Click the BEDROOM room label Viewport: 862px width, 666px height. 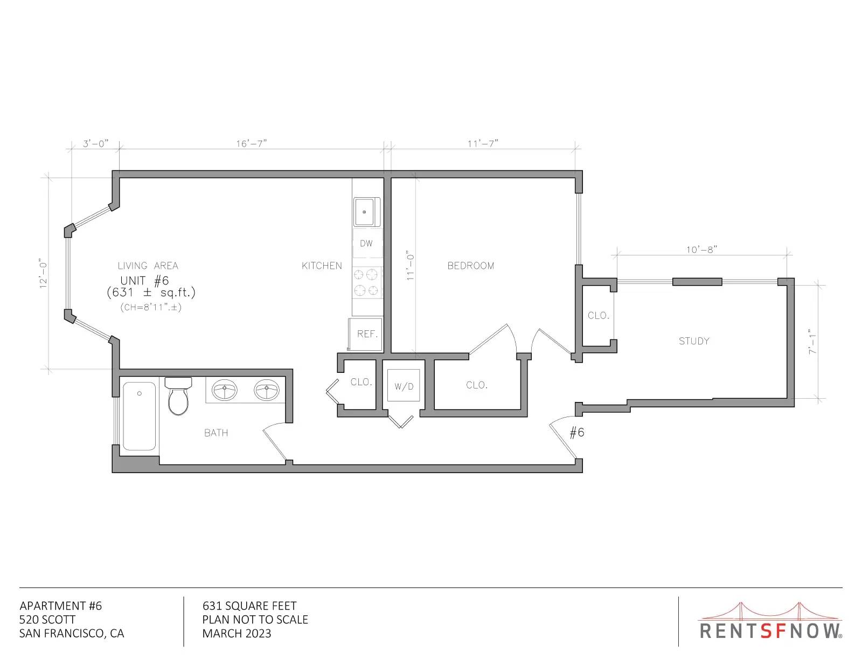[x=470, y=266]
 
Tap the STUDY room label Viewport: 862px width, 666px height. [x=694, y=341]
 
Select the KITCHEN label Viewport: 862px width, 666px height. [x=322, y=266]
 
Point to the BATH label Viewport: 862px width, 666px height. [x=216, y=433]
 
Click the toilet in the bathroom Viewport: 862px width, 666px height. [x=178, y=396]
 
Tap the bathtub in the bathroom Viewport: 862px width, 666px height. [x=139, y=416]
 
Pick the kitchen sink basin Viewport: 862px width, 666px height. [x=365, y=212]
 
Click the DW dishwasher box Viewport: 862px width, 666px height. [x=367, y=243]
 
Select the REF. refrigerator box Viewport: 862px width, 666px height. [x=365, y=334]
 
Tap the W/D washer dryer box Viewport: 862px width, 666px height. [x=404, y=386]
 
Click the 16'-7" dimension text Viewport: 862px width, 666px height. [x=252, y=143]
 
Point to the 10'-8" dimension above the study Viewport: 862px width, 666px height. [x=702, y=249]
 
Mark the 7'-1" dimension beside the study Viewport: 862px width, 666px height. [x=813, y=342]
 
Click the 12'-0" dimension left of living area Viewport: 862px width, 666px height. [x=43, y=274]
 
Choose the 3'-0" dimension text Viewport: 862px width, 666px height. [x=95, y=143]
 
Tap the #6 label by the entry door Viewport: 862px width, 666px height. [x=577, y=432]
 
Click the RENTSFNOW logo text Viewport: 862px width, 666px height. [x=771, y=631]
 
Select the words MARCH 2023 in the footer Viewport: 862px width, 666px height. [x=237, y=634]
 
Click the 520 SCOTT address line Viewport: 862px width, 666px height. [x=47, y=620]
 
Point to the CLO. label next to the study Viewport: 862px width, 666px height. [x=598, y=316]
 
